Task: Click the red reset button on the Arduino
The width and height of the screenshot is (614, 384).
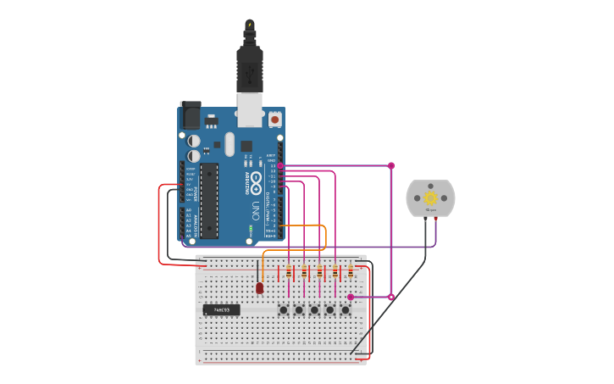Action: tap(274, 120)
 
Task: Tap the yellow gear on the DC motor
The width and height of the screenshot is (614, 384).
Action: tap(430, 198)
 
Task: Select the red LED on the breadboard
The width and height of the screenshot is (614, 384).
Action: tap(259, 288)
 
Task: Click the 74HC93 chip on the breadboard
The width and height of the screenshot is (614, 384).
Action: tap(221, 310)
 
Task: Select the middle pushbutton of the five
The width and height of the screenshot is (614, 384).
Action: tap(314, 310)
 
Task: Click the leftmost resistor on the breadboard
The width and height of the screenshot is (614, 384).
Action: tap(289, 272)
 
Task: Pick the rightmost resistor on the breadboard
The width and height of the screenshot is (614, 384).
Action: tap(351, 272)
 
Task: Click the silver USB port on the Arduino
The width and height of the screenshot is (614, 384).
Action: tap(249, 110)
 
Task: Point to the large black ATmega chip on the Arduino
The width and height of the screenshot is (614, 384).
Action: tap(209, 200)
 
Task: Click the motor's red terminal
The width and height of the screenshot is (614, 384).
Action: tap(435, 219)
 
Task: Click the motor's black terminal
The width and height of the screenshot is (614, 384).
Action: tap(425, 219)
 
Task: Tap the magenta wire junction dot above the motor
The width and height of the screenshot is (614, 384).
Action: tap(391, 165)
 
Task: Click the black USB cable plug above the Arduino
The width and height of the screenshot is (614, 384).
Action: tap(250, 68)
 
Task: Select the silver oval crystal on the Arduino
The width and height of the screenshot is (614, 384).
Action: tap(230, 144)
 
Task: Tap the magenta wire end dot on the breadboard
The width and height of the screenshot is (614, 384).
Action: tap(351, 297)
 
